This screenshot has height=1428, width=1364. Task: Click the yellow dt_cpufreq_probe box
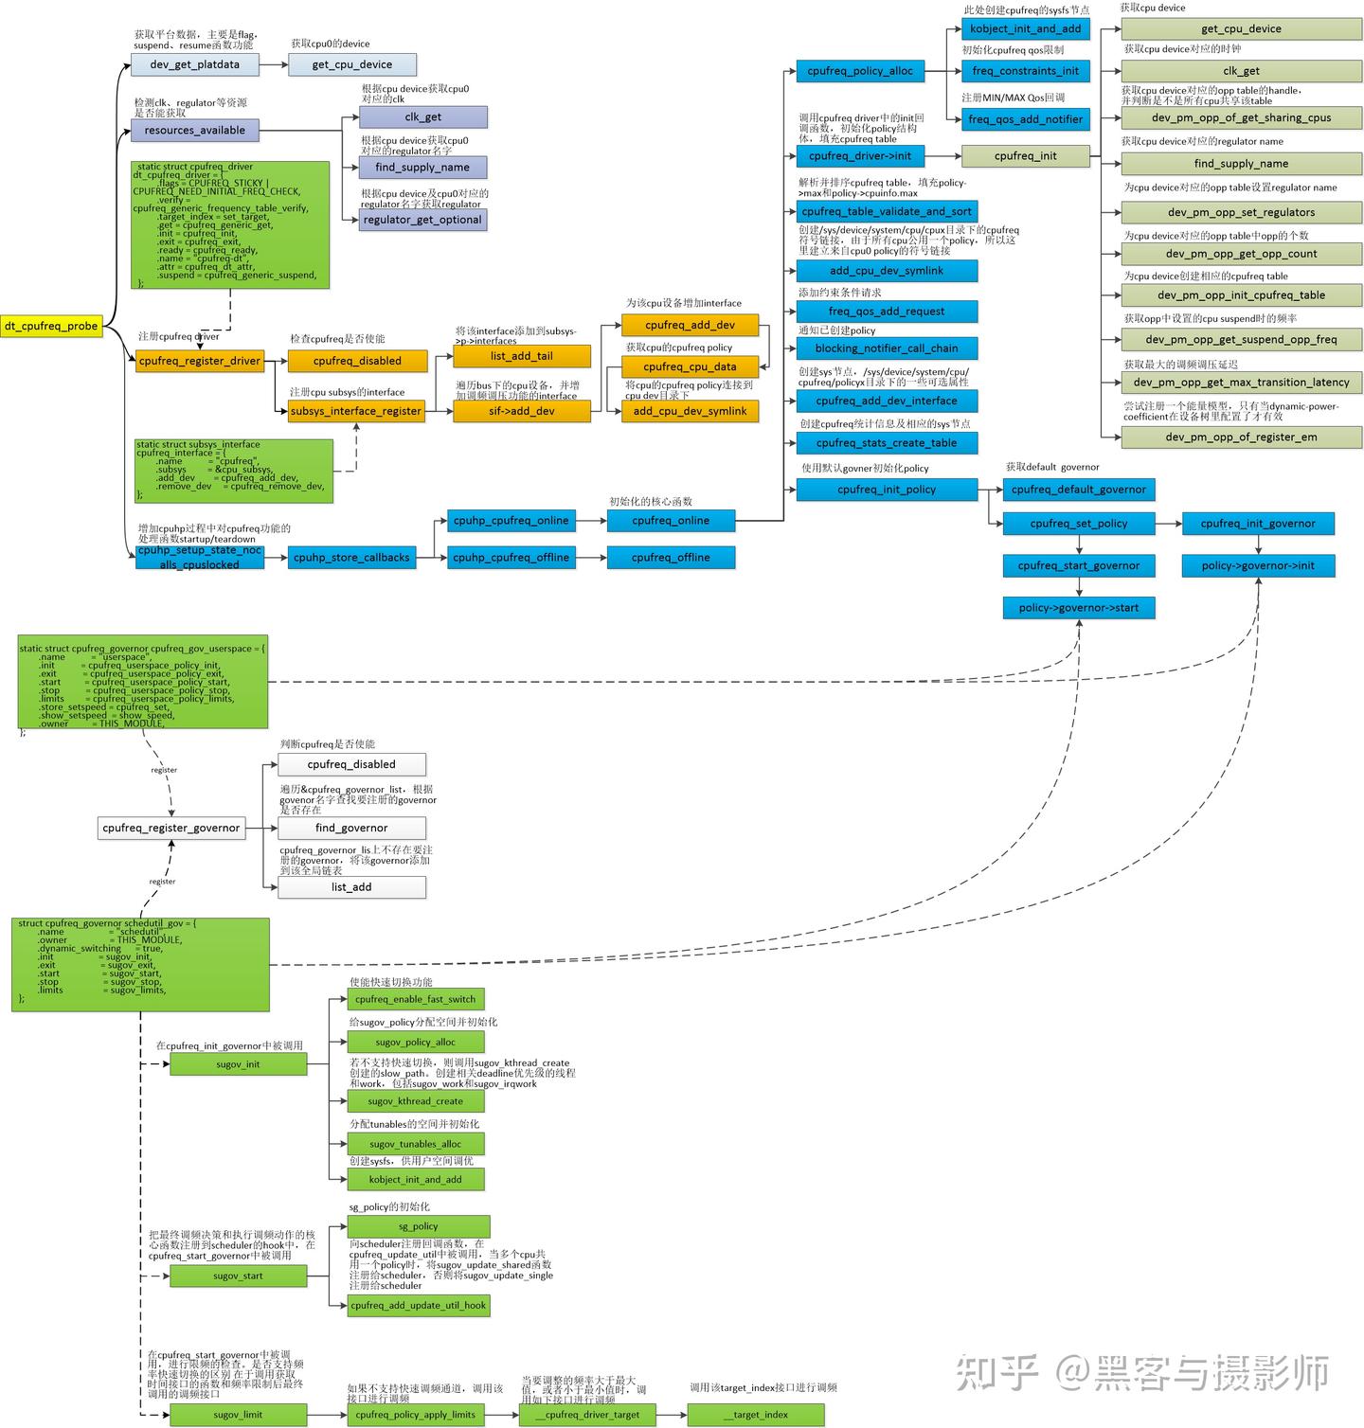[x=51, y=327]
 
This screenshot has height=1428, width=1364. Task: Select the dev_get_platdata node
[x=194, y=64]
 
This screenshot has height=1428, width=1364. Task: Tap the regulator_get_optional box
[x=422, y=220]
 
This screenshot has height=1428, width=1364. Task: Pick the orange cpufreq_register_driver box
[x=199, y=361]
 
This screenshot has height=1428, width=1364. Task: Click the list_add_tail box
[x=521, y=356]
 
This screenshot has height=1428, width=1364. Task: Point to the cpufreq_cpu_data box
[x=690, y=366]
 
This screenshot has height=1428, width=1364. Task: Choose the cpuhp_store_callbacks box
[x=351, y=558]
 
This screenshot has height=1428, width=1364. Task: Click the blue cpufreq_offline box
[x=671, y=558]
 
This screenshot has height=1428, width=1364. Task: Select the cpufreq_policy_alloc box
[x=860, y=71]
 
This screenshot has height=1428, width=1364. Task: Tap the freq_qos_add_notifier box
[x=1025, y=119]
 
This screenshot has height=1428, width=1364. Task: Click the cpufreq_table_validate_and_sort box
[x=886, y=211]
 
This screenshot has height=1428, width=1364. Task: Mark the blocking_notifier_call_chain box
[x=886, y=348]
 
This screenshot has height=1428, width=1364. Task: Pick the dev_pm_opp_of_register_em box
[x=1241, y=437]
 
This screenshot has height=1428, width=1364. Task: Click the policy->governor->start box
[x=1079, y=608]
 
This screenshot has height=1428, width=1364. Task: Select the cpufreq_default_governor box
[x=1079, y=490]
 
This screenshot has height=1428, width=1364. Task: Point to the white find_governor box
[x=351, y=828]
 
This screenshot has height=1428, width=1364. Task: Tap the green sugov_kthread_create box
[x=415, y=1101]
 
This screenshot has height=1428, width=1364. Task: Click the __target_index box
[x=755, y=1415]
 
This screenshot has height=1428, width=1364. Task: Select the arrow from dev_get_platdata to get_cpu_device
[x=273, y=64]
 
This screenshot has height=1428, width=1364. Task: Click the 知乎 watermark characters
[x=996, y=1372]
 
